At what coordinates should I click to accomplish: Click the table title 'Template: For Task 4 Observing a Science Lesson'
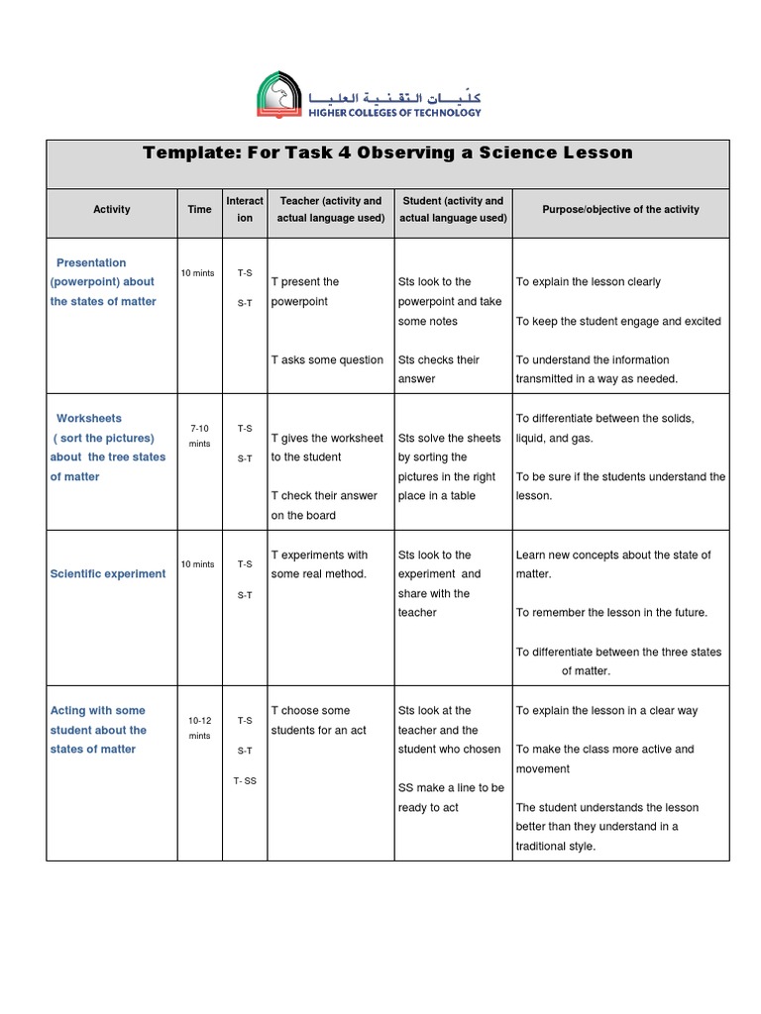click(x=387, y=152)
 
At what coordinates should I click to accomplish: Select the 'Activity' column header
click(x=112, y=209)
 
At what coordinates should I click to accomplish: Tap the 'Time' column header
click(x=199, y=209)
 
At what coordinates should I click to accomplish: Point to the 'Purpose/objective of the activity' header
click(x=620, y=209)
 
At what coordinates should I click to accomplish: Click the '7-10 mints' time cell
click(x=199, y=436)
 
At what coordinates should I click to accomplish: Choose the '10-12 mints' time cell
click(x=199, y=728)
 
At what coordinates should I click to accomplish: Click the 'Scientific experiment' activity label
click(x=108, y=574)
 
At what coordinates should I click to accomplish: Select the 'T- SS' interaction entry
click(x=245, y=780)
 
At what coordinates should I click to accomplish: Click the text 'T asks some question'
click(x=327, y=360)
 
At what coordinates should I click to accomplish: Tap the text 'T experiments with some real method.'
click(x=320, y=564)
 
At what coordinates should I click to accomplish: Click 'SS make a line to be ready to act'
click(x=451, y=797)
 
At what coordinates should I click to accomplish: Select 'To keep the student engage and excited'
click(x=618, y=322)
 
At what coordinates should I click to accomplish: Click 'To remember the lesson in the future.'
click(x=611, y=613)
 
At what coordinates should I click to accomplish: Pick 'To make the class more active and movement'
click(x=604, y=759)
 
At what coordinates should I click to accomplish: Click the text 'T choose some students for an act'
click(x=318, y=720)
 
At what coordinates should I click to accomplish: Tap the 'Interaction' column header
click(x=245, y=209)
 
